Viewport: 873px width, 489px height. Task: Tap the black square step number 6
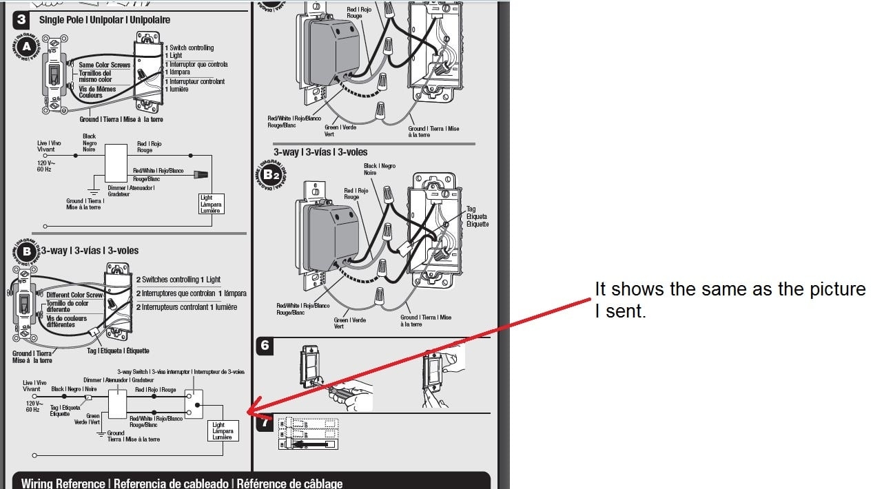point(265,345)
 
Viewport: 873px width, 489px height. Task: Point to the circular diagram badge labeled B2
point(270,175)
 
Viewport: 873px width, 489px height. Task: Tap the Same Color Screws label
point(104,65)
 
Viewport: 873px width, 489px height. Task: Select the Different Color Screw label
point(74,295)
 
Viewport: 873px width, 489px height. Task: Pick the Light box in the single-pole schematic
point(211,204)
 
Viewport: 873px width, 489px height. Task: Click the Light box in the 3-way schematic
point(223,431)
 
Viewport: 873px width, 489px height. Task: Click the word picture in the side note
point(821,289)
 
